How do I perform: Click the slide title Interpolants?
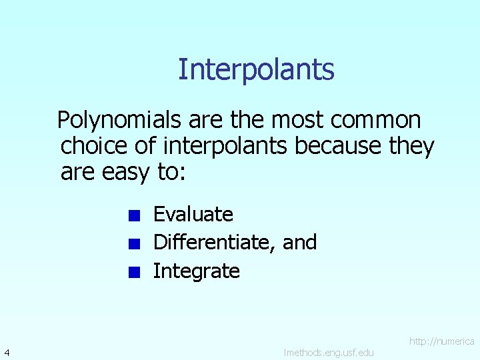(x=256, y=69)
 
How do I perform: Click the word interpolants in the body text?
(x=226, y=146)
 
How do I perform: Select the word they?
(x=411, y=146)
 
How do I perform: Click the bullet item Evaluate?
(x=193, y=215)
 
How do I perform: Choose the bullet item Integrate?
(x=196, y=271)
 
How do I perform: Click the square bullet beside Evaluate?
(x=134, y=215)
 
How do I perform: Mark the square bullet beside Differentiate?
(x=134, y=243)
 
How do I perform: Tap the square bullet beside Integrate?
(x=134, y=272)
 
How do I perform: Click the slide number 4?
(x=6, y=351)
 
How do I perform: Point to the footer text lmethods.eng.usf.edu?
(x=328, y=352)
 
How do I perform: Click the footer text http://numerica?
(x=441, y=341)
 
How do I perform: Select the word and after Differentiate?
(x=299, y=243)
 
